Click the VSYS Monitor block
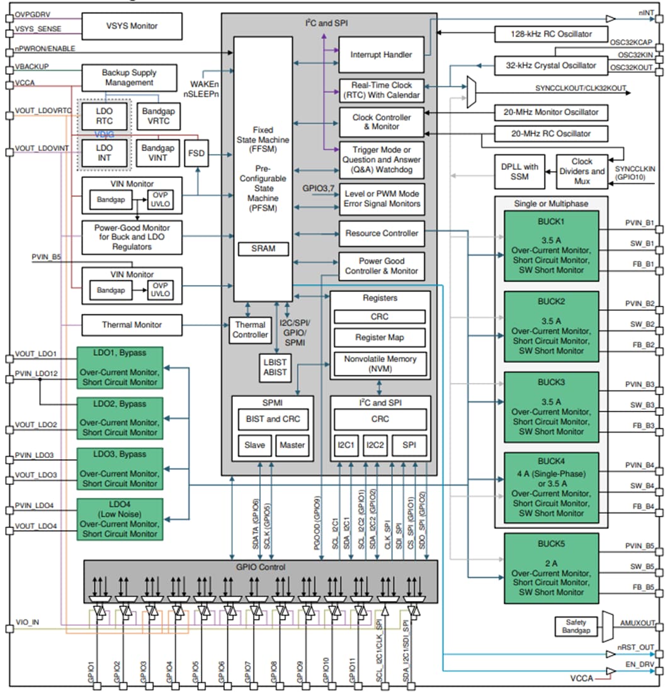[x=132, y=26]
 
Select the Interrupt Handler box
[x=381, y=55]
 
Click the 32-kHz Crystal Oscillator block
[x=551, y=65]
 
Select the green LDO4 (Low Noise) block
[x=120, y=519]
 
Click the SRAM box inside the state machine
[x=263, y=248]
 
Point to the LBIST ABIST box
[x=275, y=367]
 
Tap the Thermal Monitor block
[x=132, y=325]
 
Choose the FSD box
[x=198, y=153]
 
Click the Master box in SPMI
[x=292, y=445]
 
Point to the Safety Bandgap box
[x=575, y=626]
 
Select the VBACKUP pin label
[x=32, y=67]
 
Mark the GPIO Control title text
[x=260, y=567]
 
